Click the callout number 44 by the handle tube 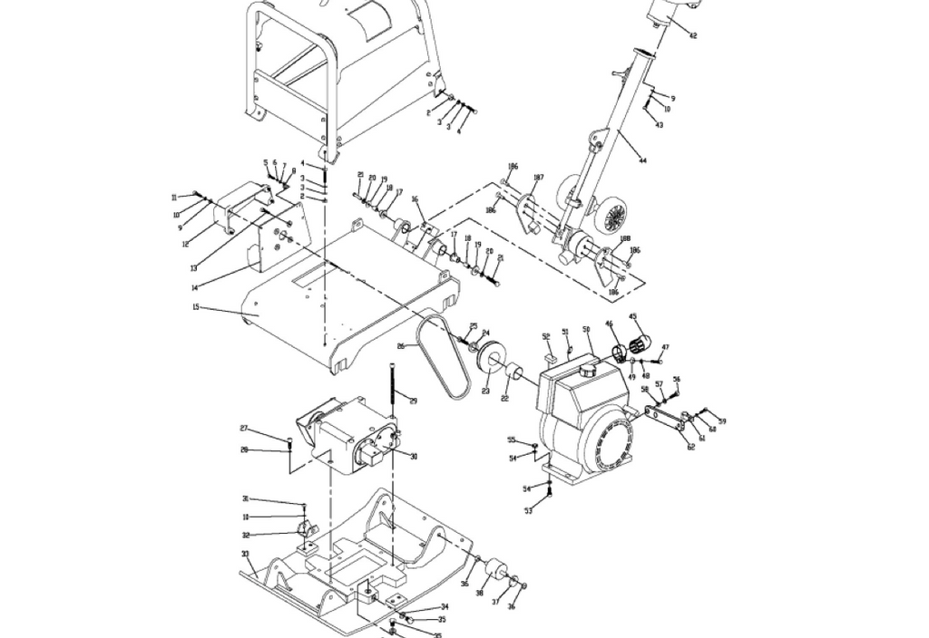click(x=643, y=161)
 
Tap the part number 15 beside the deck click(x=196, y=307)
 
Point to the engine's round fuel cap click(x=589, y=371)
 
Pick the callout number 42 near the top click(x=693, y=35)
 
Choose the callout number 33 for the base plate click(x=245, y=554)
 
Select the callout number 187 click(x=538, y=178)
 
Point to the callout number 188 click(x=625, y=239)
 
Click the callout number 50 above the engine click(x=586, y=330)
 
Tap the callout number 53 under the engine click(x=528, y=511)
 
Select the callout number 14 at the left click(x=194, y=287)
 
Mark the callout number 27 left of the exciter click(x=244, y=429)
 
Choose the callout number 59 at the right click(x=722, y=421)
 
